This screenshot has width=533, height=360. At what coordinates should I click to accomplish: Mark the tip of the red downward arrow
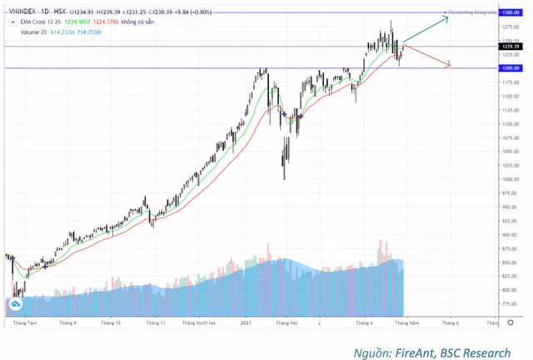click(451, 65)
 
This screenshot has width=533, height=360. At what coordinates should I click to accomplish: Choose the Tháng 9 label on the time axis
click(68, 322)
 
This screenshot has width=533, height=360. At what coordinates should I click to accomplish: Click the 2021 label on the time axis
click(246, 322)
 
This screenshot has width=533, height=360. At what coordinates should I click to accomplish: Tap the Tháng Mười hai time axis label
click(200, 322)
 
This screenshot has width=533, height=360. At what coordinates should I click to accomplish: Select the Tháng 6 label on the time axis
click(451, 322)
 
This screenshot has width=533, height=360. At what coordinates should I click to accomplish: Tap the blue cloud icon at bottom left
click(15, 307)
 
